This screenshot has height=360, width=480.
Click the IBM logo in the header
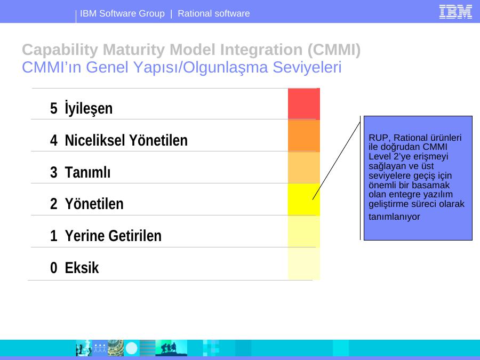pos(455,12)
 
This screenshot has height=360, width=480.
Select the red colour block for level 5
pos(303,104)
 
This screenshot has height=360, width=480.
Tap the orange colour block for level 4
pos(303,135)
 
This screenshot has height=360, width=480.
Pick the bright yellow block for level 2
pos(303,199)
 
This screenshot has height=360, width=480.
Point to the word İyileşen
pos(89,108)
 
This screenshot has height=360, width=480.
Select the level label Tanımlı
pos(87,172)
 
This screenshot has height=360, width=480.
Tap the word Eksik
pos(82,268)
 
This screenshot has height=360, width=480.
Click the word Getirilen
pos(135,236)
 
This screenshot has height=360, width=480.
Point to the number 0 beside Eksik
pos(53,268)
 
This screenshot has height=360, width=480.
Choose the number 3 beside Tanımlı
pos(53,172)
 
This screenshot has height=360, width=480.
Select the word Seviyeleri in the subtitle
pos(307,67)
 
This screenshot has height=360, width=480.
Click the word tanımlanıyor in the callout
pos(394,217)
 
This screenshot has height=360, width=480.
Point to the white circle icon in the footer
pos(132,348)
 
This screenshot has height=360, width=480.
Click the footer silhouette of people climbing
pos(171,348)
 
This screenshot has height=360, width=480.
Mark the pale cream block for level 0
pos(303,263)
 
